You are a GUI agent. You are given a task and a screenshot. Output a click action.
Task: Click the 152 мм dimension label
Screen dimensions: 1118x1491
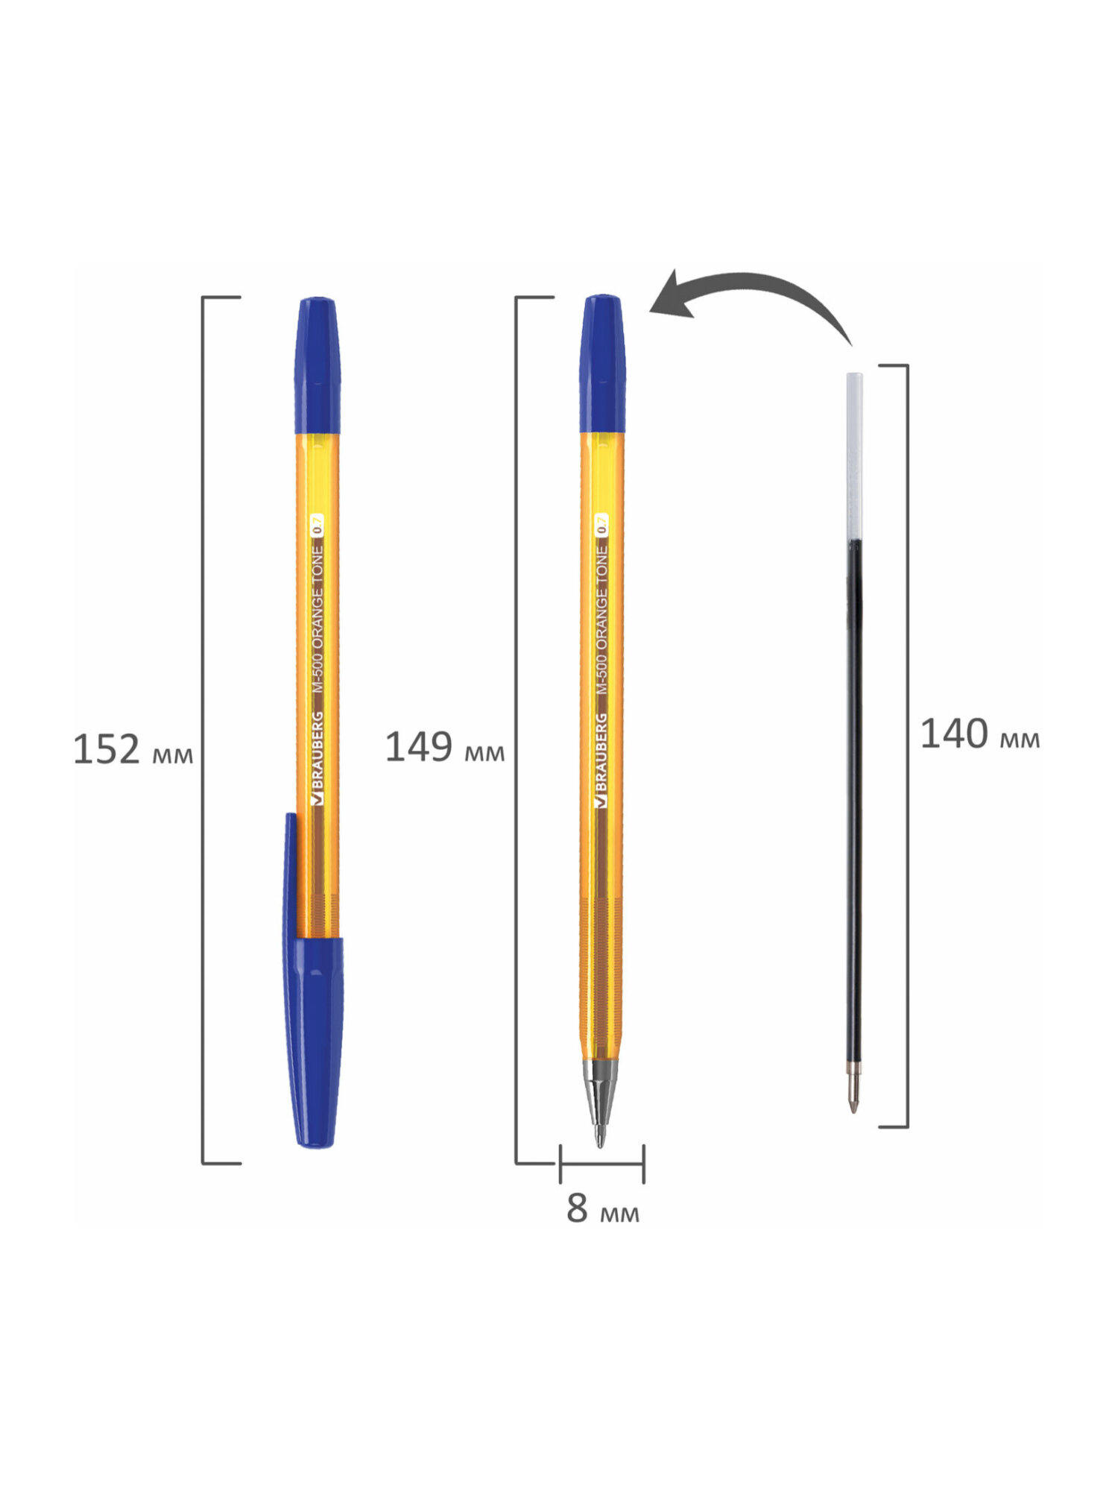(x=133, y=750)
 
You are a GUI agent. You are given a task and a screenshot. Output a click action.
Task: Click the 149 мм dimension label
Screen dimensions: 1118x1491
(x=444, y=748)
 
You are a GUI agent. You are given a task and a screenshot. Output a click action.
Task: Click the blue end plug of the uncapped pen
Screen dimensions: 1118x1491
(x=602, y=364)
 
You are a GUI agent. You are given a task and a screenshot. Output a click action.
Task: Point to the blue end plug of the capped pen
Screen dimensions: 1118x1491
(x=318, y=365)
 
